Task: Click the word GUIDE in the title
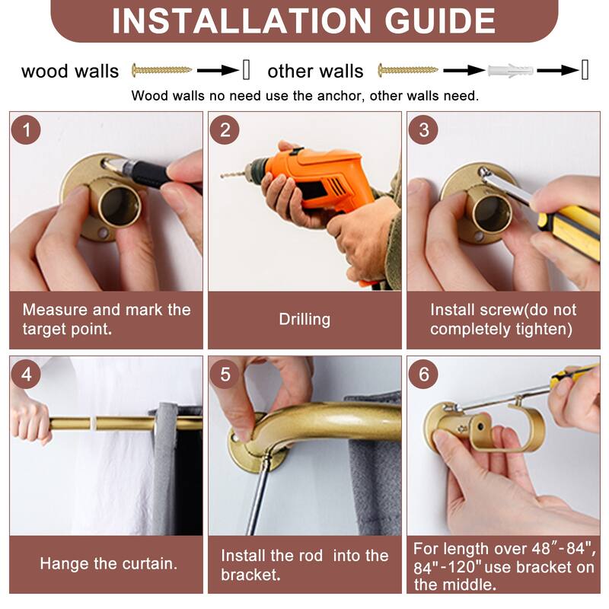coord(440,21)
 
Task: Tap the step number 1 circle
coord(26,129)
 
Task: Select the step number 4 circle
coord(26,374)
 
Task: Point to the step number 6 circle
coord(423,374)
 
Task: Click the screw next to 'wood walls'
coord(161,70)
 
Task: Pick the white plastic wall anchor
coord(511,71)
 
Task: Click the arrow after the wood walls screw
coord(218,71)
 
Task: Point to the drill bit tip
coord(222,177)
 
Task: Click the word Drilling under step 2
coord(304,319)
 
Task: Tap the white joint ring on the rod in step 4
coord(93,423)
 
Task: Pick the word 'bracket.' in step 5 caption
coord(250,575)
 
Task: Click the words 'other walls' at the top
coord(315,71)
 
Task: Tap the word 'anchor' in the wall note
coord(340,96)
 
